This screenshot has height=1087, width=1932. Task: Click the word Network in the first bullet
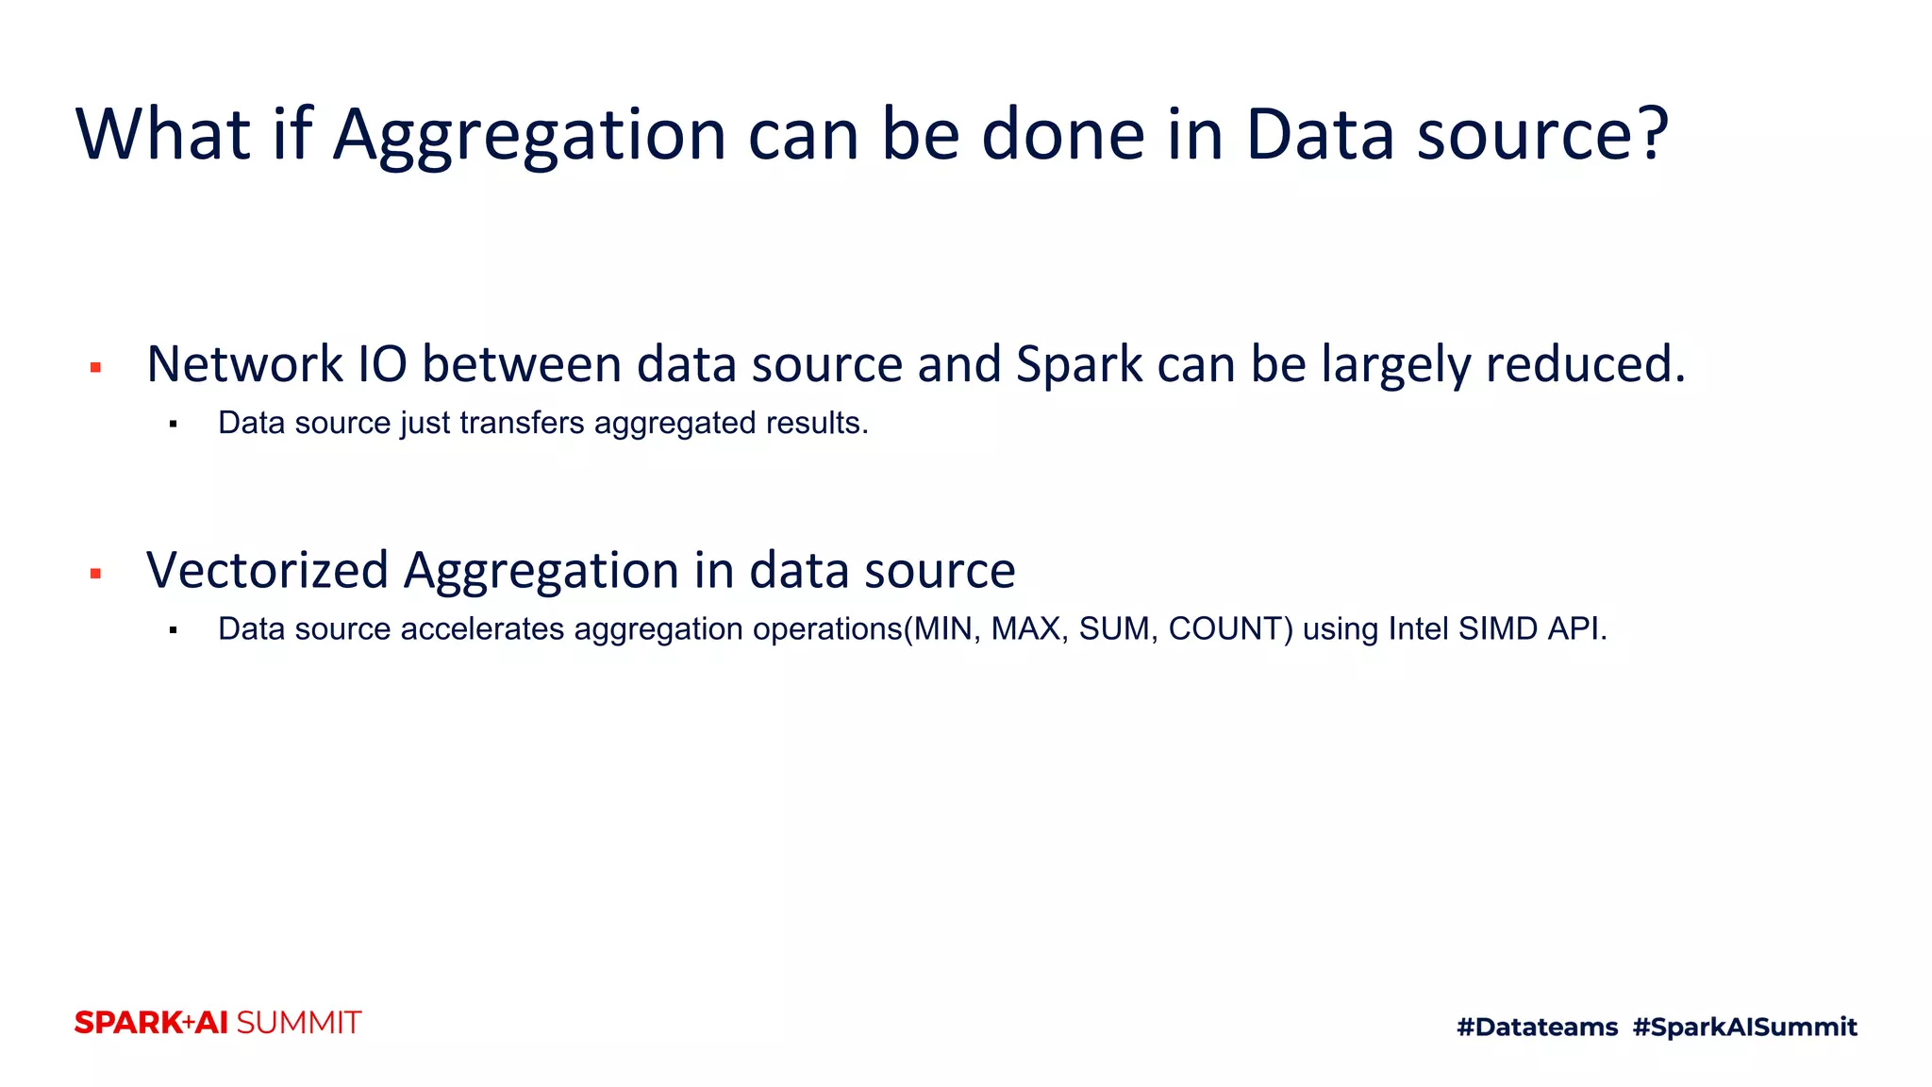point(245,364)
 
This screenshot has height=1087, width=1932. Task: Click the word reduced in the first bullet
point(1585,364)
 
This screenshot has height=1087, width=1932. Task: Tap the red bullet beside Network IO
point(95,367)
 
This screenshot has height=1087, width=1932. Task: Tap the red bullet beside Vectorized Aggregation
point(95,573)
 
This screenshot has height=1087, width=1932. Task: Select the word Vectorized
point(267,571)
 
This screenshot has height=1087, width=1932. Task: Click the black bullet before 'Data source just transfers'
point(174,425)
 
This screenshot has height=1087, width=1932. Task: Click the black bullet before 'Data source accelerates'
point(174,630)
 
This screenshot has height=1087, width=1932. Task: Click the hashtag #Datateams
point(1537,1027)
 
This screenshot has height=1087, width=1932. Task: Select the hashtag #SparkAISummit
point(1744,1027)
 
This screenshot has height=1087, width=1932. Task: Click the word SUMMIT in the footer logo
point(298,1023)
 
